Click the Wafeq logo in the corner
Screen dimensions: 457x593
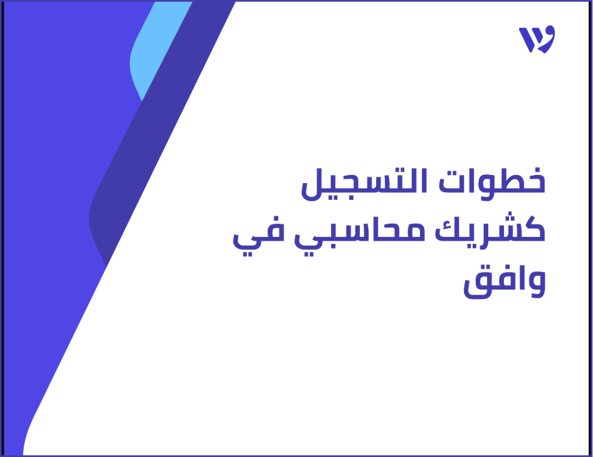[537, 39]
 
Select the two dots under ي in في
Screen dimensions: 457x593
[246, 250]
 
